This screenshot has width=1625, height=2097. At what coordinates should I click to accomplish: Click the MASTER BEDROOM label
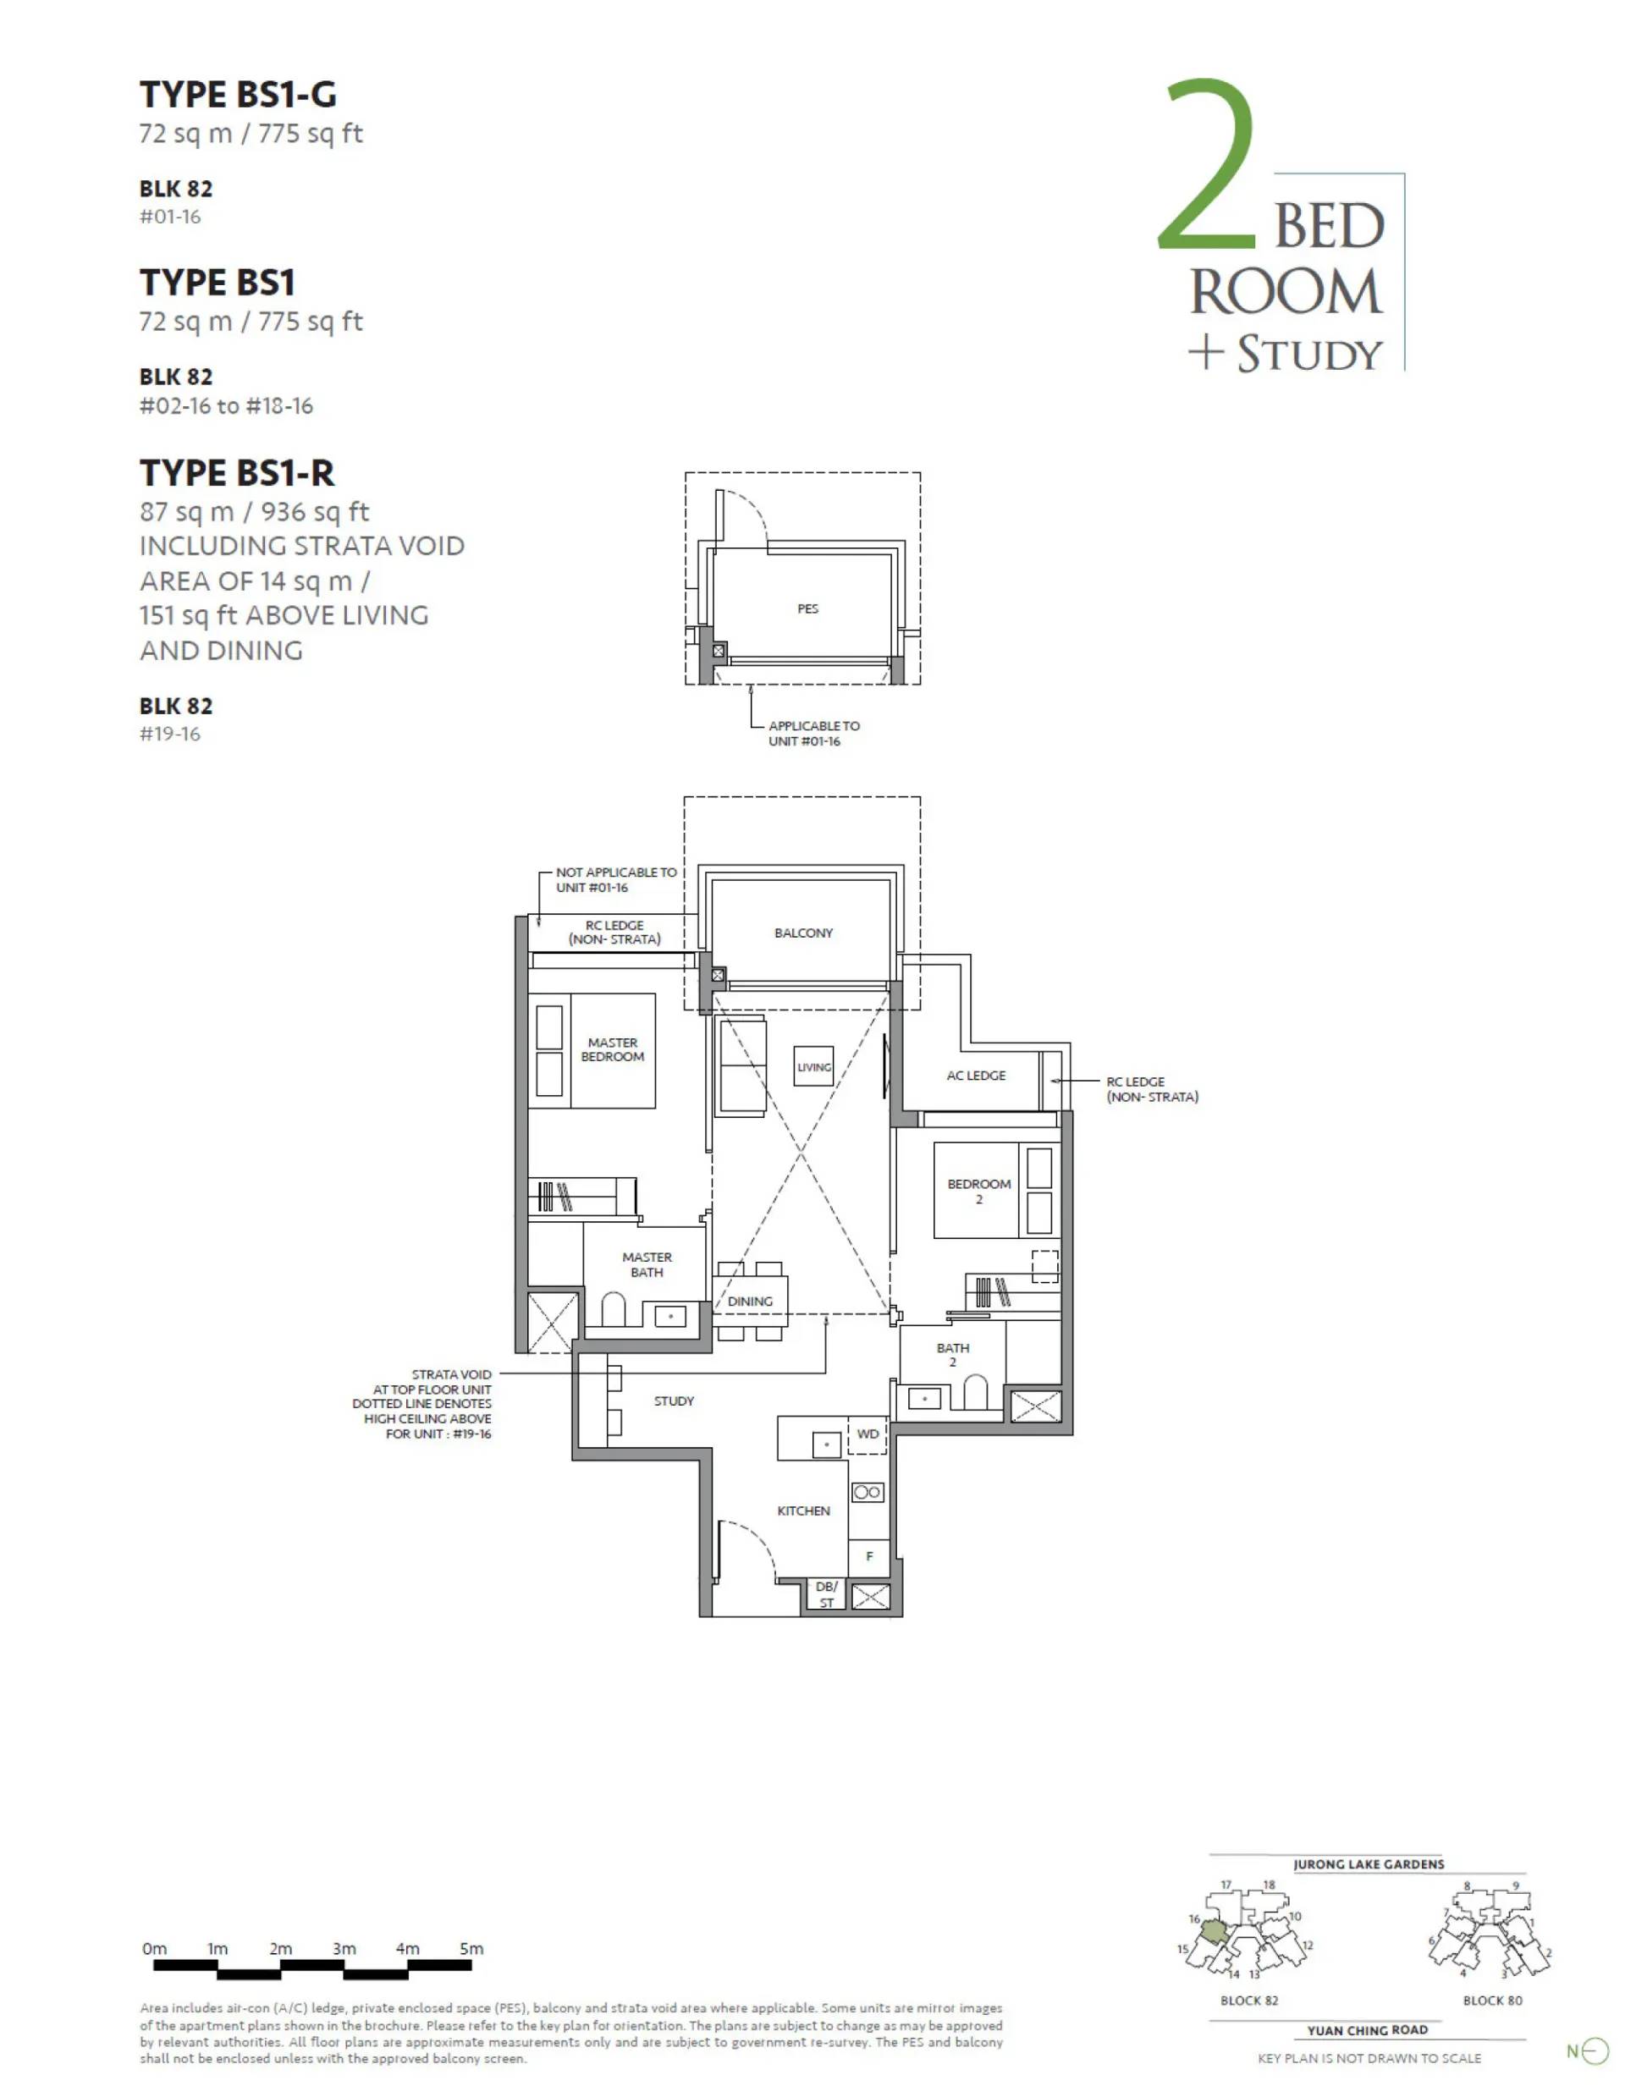click(x=612, y=1049)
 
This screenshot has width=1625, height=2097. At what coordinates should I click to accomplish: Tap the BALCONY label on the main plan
click(x=804, y=933)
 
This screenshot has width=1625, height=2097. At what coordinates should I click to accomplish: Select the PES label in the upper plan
click(x=807, y=608)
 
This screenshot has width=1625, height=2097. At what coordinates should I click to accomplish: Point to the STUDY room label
click(x=675, y=1401)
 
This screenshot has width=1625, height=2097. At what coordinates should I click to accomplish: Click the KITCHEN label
click(x=804, y=1511)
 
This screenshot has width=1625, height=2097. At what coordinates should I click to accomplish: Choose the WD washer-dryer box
click(x=868, y=1435)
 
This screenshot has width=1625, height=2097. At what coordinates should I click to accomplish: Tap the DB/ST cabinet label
click(x=827, y=1593)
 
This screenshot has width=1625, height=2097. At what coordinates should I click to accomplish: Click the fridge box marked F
click(x=869, y=1556)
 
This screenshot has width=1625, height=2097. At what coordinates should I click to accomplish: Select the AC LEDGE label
click(x=976, y=1076)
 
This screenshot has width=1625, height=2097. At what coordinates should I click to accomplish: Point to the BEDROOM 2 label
click(x=978, y=1191)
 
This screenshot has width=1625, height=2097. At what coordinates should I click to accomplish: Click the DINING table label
click(x=750, y=1301)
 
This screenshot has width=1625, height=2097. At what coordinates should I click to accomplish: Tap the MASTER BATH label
click(x=647, y=1264)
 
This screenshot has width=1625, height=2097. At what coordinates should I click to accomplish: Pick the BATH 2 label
click(x=953, y=1355)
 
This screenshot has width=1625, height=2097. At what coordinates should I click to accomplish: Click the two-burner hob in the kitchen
click(x=868, y=1492)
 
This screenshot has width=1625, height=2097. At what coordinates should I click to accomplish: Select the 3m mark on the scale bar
click(x=344, y=1949)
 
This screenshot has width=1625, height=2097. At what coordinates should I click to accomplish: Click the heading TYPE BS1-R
click(x=237, y=472)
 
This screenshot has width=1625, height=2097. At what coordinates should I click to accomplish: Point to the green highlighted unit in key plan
click(x=1215, y=1930)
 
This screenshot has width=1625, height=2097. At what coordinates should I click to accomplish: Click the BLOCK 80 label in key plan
click(x=1492, y=2000)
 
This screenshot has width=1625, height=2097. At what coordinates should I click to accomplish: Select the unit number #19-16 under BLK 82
click(x=170, y=734)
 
